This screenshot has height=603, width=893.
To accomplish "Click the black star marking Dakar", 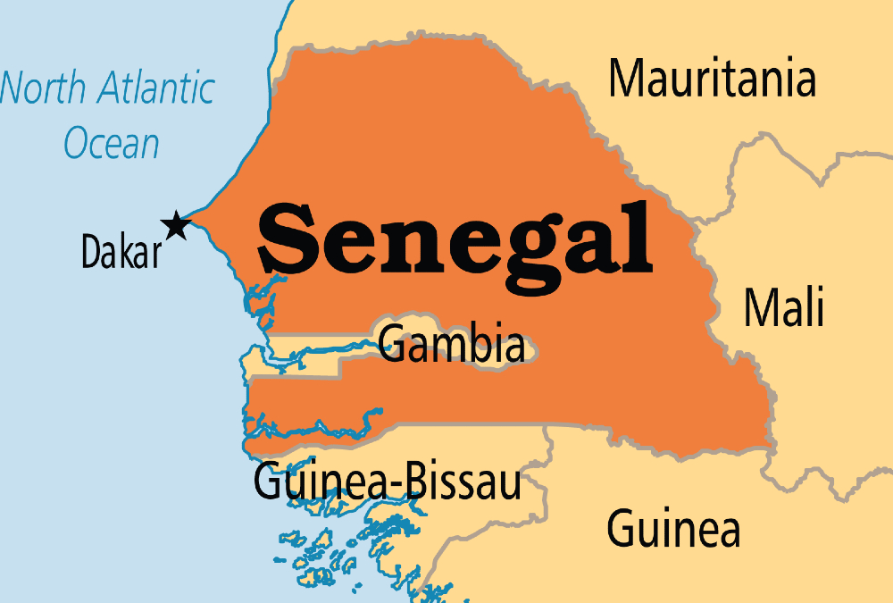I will tap(176, 226).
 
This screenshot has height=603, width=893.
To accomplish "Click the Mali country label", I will tap(784, 308).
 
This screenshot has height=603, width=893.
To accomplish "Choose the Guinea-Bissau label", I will tap(388, 482).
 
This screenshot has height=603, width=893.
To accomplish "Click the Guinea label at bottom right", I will tap(673, 528).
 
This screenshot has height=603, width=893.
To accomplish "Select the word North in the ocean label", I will tap(43, 89).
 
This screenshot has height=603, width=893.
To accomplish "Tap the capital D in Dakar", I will tap(90, 253).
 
